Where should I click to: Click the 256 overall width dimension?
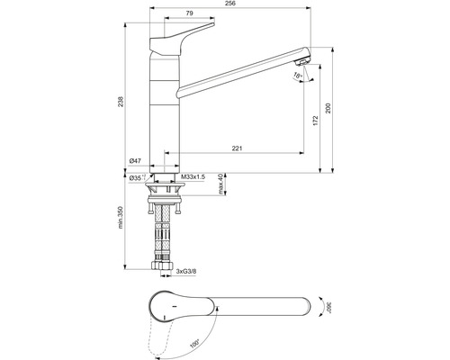tap(231, 5)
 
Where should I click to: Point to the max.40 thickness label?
tap(221, 186)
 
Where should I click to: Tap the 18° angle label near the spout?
tap(298, 77)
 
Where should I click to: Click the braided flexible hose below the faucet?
tap(165, 234)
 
